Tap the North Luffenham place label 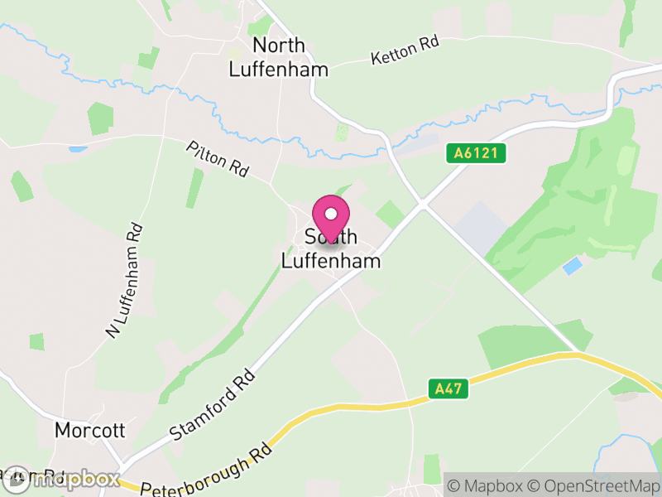click(x=278, y=57)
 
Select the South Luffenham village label click(x=331, y=248)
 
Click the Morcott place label click(x=89, y=431)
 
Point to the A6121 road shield click(x=476, y=153)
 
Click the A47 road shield click(x=445, y=387)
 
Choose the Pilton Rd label click(x=218, y=159)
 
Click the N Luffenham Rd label click(x=125, y=281)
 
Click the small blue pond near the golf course click(x=572, y=266)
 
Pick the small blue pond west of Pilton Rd click(x=78, y=150)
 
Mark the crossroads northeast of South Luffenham click(x=422, y=204)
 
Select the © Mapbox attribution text click(x=487, y=485)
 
